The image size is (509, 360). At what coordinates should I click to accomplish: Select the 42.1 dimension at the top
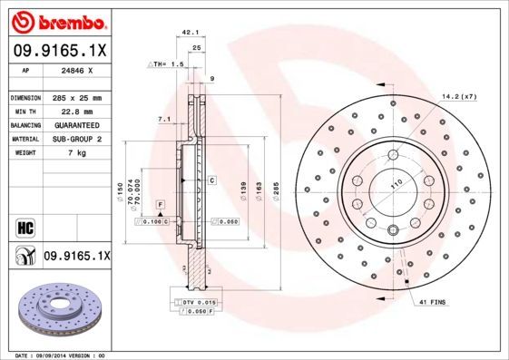[x=191, y=32]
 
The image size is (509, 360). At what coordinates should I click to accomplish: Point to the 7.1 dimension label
[x=163, y=119]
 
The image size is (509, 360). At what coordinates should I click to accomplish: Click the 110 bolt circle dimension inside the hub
[x=396, y=184]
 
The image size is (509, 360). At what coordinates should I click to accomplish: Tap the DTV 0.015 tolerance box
[x=193, y=302]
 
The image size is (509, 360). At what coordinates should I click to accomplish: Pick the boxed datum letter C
[x=211, y=180]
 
